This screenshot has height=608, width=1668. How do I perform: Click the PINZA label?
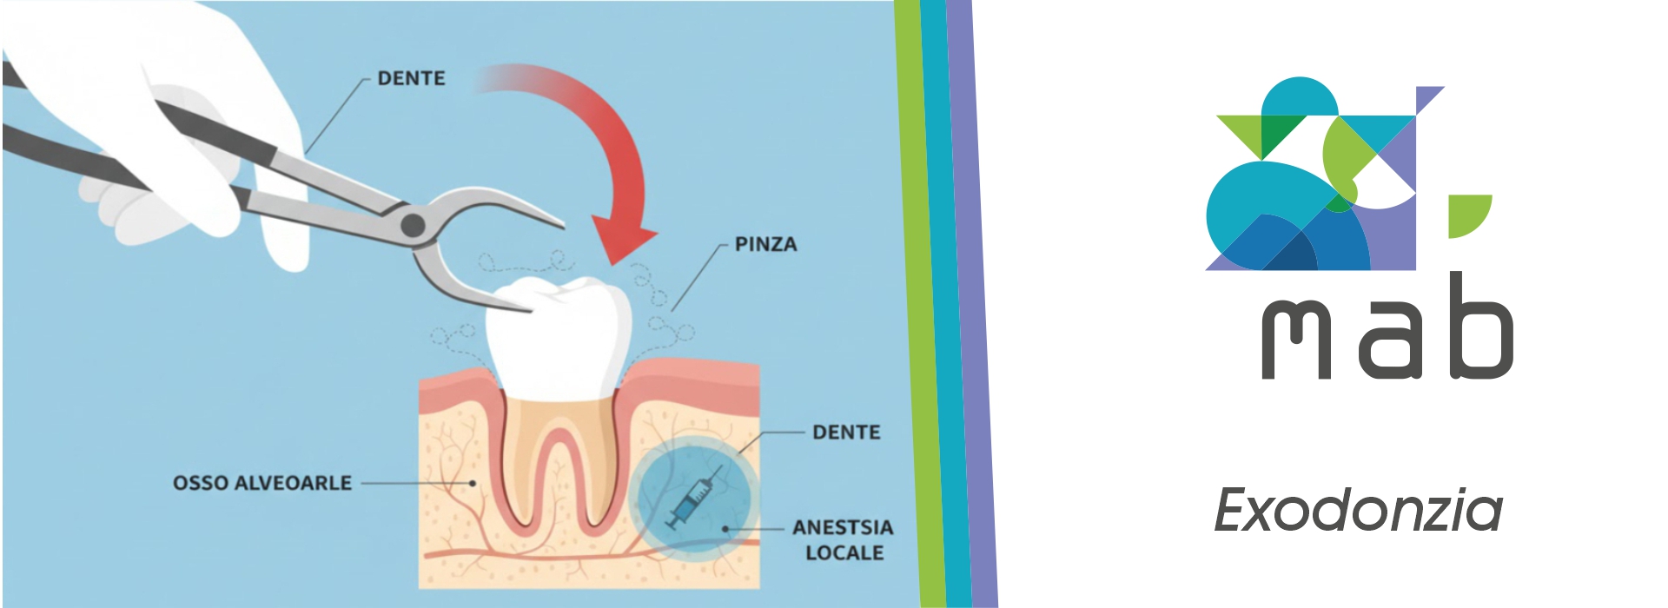(x=765, y=245)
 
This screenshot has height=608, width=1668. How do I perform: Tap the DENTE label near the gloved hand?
(x=411, y=78)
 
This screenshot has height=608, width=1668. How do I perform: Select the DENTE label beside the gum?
(x=846, y=432)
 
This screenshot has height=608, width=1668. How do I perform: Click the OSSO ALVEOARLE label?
(x=262, y=483)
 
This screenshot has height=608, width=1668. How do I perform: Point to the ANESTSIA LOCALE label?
(x=843, y=539)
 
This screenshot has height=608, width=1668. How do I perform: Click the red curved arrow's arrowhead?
(x=624, y=240)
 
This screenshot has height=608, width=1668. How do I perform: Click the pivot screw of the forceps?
(x=413, y=226)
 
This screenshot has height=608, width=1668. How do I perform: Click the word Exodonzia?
(x=1358, y=511)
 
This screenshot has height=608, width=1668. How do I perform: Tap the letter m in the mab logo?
(x=1296, y=340)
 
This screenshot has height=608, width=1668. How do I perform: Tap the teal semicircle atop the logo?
(x=1299, y=97)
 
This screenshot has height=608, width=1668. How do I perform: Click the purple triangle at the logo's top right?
(x=1426, y=96)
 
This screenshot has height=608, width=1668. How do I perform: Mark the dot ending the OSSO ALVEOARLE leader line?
(x=473, y=483)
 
